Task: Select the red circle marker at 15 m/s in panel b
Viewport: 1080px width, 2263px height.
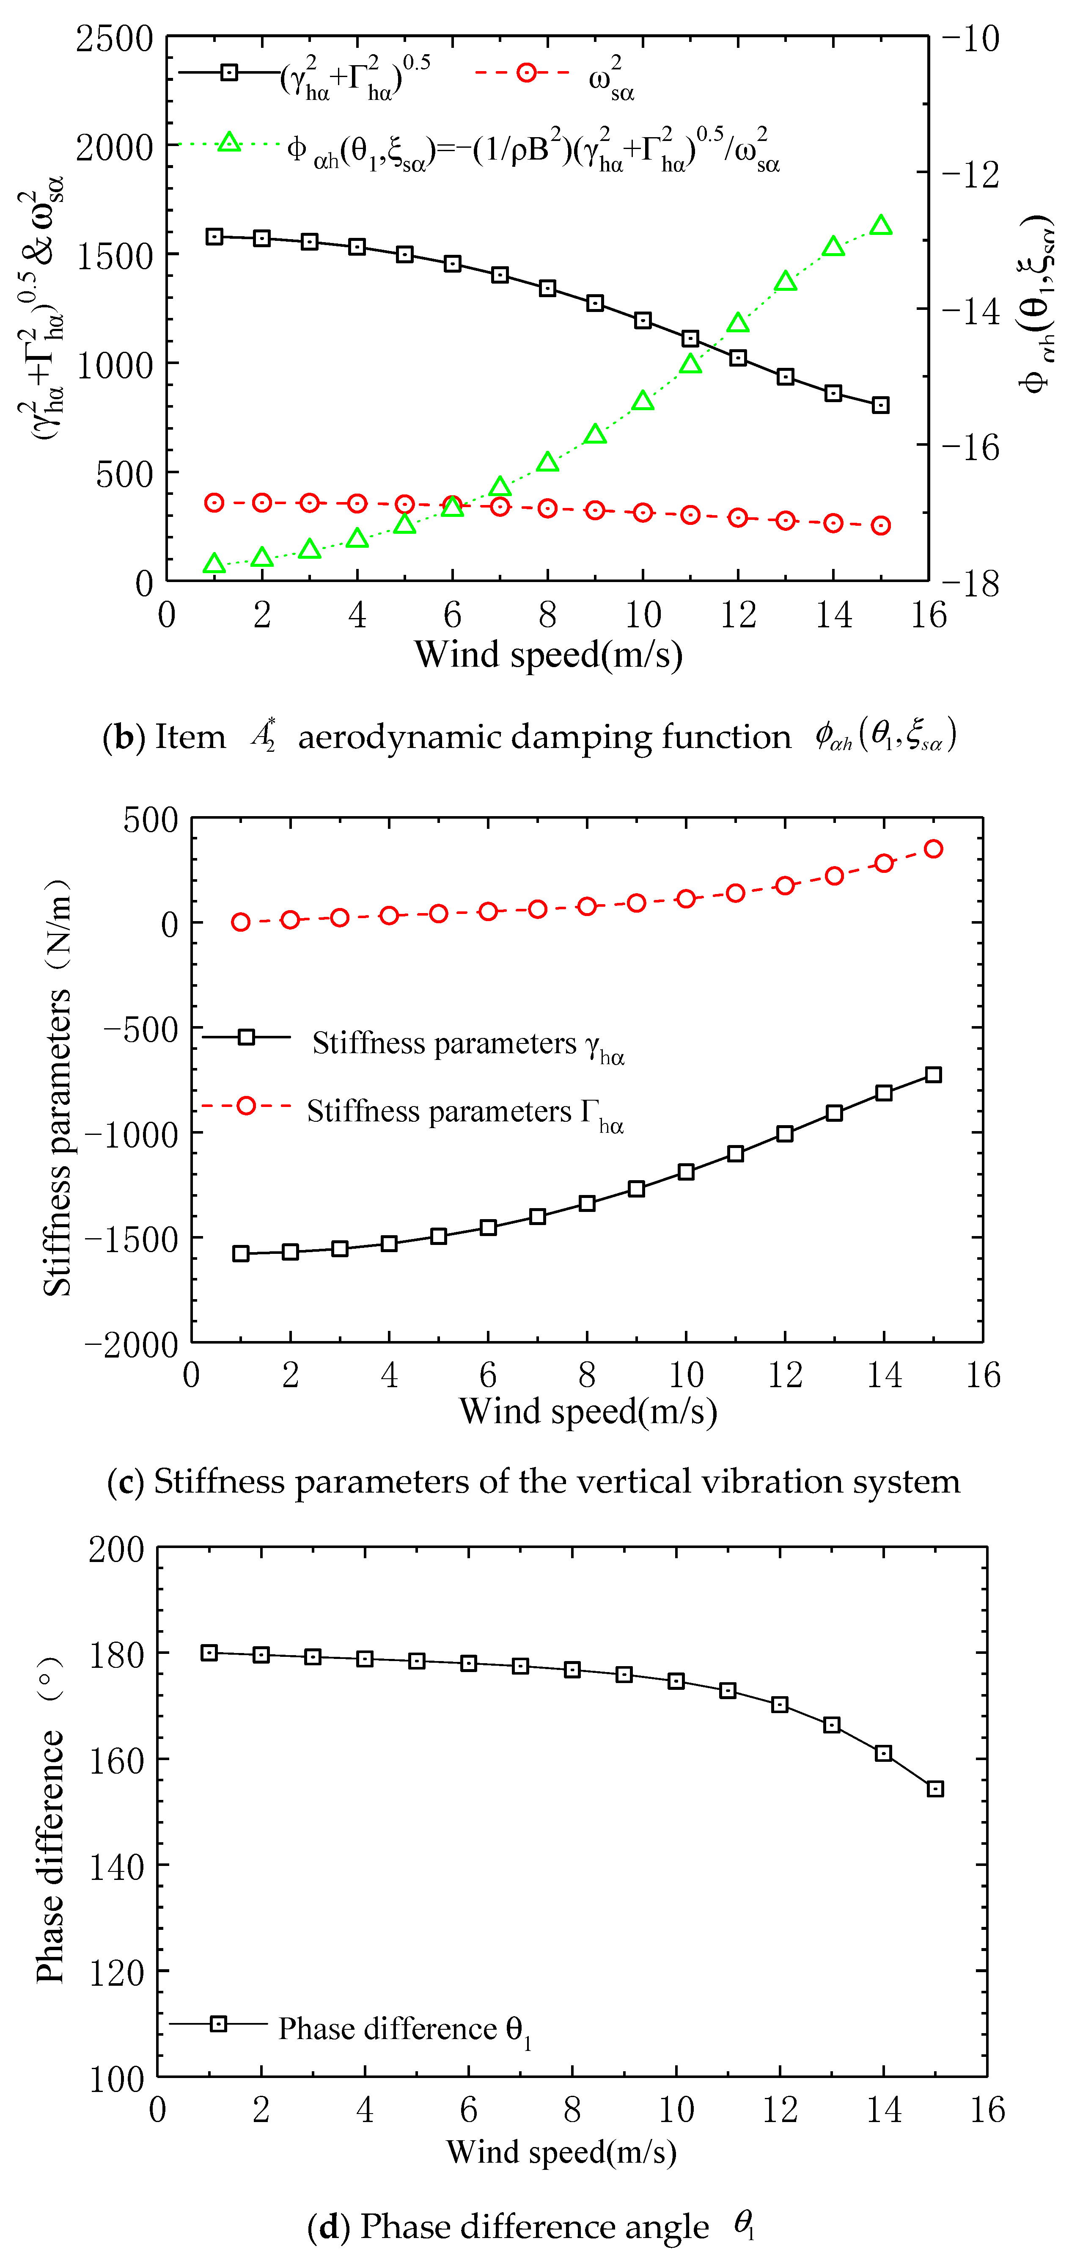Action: (x=881, y=525)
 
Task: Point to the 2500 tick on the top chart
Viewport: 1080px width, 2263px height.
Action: (x=114, y=39)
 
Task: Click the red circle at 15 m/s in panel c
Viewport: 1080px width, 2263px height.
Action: (x=933, y=849)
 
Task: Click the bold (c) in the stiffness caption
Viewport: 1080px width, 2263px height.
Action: (x=126, y=1482)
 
